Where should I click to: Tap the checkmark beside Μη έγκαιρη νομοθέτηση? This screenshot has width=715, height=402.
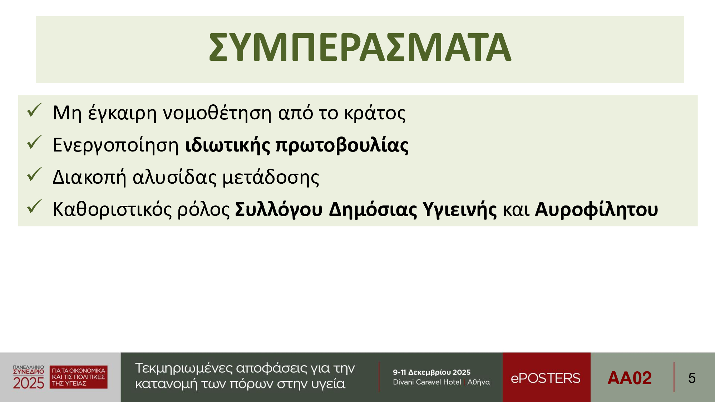point(35,110)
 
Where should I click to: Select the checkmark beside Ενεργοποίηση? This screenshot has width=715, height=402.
point(35,142)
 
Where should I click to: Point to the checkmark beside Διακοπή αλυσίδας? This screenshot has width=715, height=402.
point(35,174)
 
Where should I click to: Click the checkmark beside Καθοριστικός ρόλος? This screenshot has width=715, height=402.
point(35,207)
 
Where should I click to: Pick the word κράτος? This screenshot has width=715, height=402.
point(375,113)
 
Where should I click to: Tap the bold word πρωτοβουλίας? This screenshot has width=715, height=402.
point(342,146)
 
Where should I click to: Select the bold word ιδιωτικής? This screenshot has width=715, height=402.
point(227,146)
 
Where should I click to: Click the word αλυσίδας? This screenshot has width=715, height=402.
point(174,178)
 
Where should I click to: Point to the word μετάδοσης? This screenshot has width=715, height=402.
point(271,178)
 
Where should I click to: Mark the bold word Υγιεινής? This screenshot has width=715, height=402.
point(459,210)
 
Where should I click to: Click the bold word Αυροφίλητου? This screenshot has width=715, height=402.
point(596,210)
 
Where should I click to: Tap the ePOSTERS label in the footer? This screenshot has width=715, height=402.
point(546,378)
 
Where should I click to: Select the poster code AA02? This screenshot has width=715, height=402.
point(630,378)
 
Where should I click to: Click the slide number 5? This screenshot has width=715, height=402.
point(692,378)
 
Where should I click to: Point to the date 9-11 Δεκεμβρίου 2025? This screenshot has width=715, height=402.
point(432,372)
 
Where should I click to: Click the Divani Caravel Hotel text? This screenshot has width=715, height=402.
point(427,382)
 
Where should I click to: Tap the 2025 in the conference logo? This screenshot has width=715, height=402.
point(29,383)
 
